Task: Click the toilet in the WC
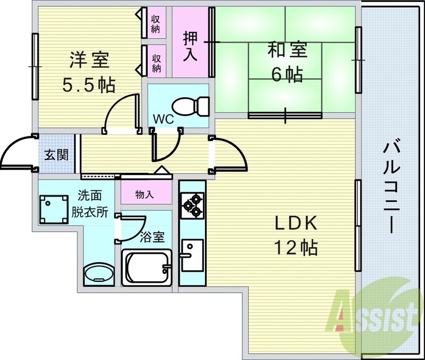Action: click(191, 106)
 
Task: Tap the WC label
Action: click(163, 119)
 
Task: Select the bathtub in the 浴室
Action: click(147, 267)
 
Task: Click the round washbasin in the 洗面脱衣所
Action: click(99, 273)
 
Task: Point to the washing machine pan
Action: click(54, 209)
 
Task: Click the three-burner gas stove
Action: click(192, 205)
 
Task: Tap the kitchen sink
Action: click(192, 255)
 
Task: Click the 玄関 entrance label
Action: click(56, 155)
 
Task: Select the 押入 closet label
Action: click(190, 46)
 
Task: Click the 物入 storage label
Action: click(144, 194)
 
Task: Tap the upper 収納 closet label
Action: click(156, 24)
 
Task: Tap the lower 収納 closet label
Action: click(156, 63)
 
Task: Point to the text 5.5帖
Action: click(89, 85)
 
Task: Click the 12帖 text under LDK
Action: click(296, 247)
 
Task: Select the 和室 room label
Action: click(287, 49)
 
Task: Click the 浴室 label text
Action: click(152, 237)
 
